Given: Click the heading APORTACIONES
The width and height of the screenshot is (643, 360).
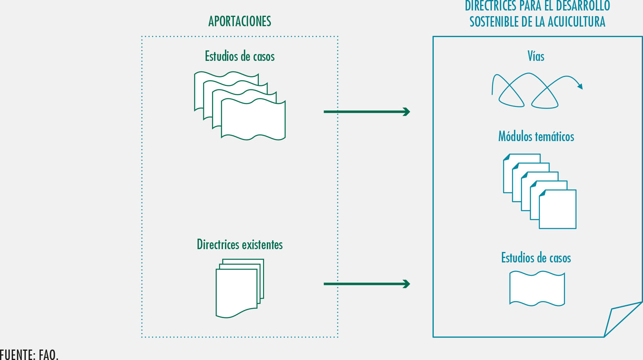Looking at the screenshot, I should click(239, 21).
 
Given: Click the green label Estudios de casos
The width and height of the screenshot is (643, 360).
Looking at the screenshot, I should click(239, 56).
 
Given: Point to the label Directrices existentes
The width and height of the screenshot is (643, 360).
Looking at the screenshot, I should click(239, 245).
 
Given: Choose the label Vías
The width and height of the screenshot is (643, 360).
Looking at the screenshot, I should click(536, 56).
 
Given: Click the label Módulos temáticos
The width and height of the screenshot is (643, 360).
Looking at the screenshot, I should click(536, 136).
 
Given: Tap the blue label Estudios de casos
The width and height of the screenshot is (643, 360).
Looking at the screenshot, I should click(536, 258).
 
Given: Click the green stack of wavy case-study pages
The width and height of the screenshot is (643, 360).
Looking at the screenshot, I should click(240, 106).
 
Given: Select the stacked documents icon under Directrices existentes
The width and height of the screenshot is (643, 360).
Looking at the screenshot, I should click(239, 288).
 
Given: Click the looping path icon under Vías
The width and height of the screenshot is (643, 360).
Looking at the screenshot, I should click(532, 91).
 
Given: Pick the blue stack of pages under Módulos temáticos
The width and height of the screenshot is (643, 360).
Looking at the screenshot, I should click(539, 191).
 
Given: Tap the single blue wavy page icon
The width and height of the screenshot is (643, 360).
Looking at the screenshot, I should click(537, 288).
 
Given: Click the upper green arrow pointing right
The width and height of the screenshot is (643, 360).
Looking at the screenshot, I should click(366, 112).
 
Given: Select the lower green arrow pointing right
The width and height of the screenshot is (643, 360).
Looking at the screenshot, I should click(366, 284).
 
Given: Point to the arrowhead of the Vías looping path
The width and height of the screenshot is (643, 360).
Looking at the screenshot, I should click(580, 86).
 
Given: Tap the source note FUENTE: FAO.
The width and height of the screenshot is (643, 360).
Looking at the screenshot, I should click(29, 354).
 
